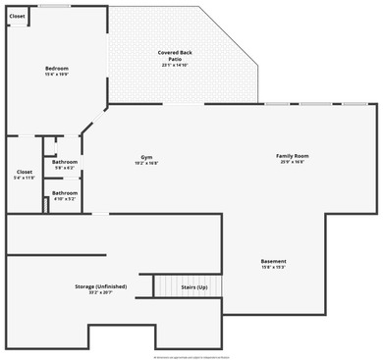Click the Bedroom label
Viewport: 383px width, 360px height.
tap(57, 68)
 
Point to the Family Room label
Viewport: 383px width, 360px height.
tap(292, 156)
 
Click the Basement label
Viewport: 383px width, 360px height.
tap(273, 261)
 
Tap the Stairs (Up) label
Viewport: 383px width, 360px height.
tap(194, 287)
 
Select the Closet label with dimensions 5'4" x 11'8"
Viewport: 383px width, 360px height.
tap(24, 172)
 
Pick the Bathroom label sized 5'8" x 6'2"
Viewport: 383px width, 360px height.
tap(65, 162)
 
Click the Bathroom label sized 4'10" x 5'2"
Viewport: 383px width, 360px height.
tap(65, 193)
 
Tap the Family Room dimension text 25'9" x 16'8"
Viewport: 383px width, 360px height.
tap(292, 162)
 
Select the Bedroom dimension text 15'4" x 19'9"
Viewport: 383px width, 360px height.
tap(57, 74)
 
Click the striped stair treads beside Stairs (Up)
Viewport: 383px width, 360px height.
tap(165, 285)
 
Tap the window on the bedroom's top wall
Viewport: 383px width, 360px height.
tap(54, 6)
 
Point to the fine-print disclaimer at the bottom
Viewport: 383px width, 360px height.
tap(191, 356)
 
